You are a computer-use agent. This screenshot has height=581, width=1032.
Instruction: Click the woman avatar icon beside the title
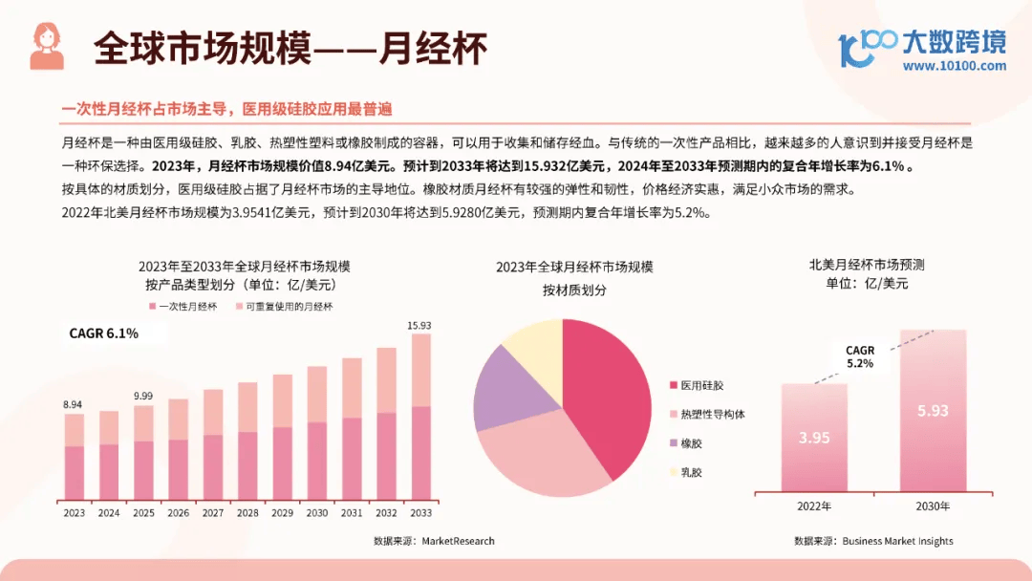coord(47,46)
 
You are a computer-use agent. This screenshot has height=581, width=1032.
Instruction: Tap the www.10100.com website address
coord(954,66)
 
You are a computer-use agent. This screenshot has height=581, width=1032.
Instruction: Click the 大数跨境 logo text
coord(953,41)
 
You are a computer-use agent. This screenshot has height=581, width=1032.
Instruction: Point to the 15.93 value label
coord(419,326)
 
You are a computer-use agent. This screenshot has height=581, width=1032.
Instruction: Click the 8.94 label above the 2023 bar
coord(74,405)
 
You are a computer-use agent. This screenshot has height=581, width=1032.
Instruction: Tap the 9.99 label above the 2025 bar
coord(143,396)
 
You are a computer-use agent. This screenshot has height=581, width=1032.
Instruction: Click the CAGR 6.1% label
coord(103,334)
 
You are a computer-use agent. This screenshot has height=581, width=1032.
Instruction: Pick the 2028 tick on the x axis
coord(247,513)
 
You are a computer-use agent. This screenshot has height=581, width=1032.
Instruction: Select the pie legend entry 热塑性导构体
coord(712,415)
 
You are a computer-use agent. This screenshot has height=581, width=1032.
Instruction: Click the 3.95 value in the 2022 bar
coord(814,438)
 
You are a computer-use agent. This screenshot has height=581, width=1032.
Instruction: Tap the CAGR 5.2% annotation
coord(860,357)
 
